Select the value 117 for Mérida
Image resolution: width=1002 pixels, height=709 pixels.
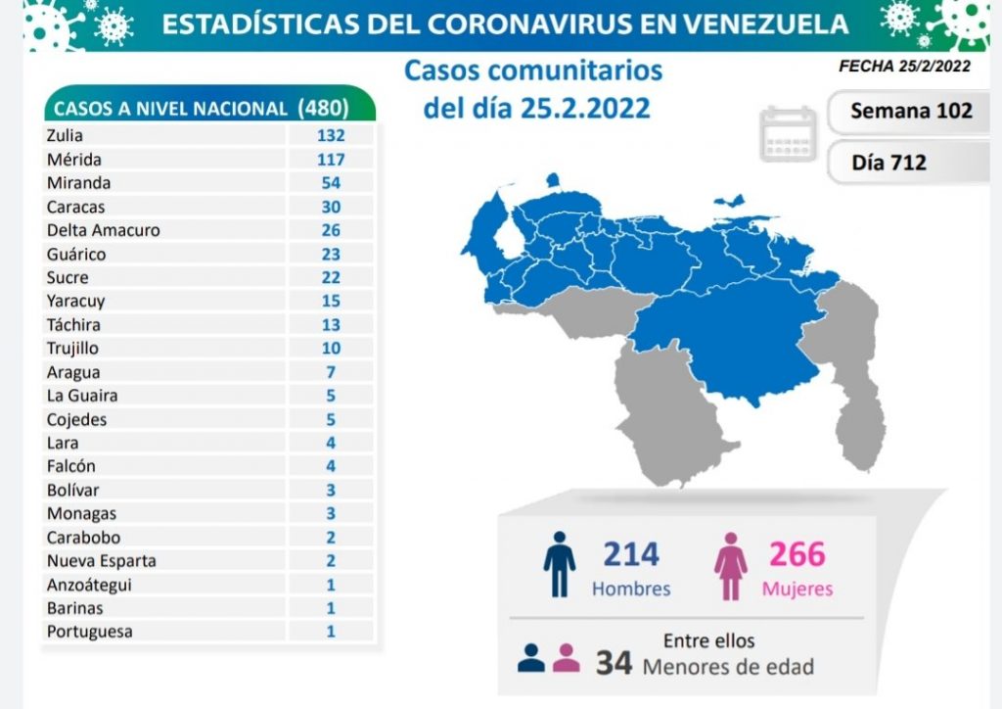pos(331,160)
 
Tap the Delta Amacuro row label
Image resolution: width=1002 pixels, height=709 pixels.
pos(103,230)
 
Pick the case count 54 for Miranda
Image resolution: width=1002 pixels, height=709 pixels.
pos(331,183)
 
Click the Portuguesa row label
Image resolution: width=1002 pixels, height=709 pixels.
pos(89,632)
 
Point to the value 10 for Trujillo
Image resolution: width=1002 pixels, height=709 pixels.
pos(331,348)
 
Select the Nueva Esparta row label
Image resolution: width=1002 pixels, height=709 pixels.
pos(101,561)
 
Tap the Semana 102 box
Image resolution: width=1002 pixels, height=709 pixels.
pos(911,110)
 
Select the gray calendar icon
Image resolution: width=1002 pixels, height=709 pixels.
pos(788,134)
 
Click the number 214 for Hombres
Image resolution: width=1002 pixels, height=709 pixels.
pos(630,555)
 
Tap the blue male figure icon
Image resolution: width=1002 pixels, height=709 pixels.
pos(559,565)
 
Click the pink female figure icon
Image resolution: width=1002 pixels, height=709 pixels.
pos(730,565)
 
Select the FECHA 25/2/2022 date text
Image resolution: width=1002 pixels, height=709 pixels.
pos(904,67)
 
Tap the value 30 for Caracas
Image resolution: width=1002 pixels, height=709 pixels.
pos(331,207)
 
